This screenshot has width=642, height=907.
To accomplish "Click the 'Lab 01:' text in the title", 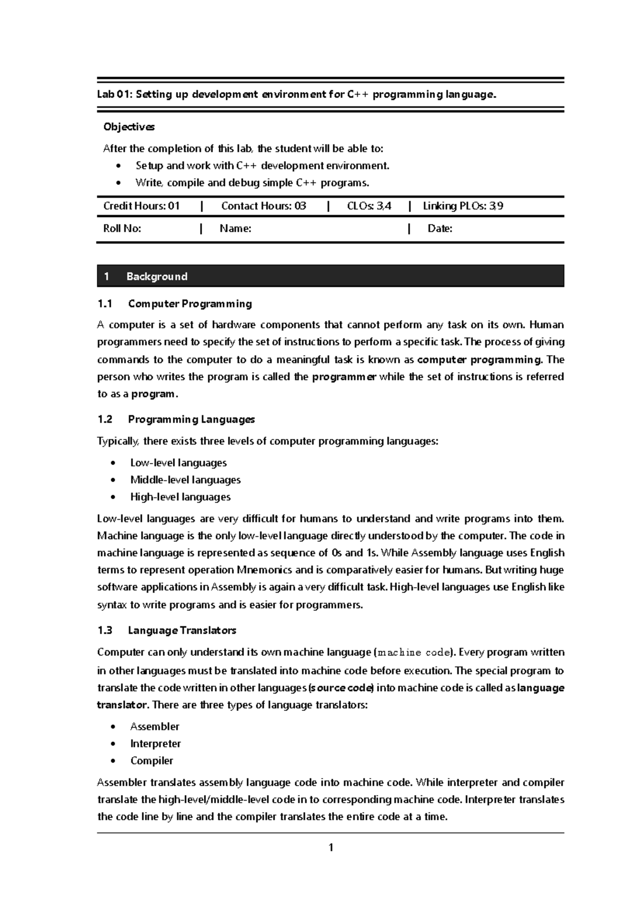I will (x=114, y=95).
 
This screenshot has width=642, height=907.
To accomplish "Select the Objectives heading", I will (x=128, y=127).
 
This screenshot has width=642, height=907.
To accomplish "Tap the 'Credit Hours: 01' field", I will (x=141, y=206).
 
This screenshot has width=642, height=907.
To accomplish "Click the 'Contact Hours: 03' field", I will (x=263, y=206).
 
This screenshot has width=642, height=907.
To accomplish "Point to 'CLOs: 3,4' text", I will (x=369, y=206).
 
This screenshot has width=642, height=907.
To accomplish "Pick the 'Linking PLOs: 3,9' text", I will (x=462, y=206).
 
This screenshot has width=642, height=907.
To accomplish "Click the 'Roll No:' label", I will (x=122, y=229).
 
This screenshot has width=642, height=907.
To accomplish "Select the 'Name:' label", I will (x=235, y=229).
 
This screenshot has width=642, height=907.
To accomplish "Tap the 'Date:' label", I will (x=440, y=229).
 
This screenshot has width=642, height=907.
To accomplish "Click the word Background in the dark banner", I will (x=157, y=276).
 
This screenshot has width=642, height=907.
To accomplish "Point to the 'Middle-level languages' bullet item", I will (x=185, y=480).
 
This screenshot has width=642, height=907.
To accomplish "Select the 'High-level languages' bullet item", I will (x=180, y=497).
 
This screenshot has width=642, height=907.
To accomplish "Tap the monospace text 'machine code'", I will (x=414, y=652).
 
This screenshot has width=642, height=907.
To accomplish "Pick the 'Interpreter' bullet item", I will (x=155, y=743).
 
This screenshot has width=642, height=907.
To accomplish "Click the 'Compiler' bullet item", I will (x=151, y=760).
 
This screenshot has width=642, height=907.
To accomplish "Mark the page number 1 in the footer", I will (x=331, y=847).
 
